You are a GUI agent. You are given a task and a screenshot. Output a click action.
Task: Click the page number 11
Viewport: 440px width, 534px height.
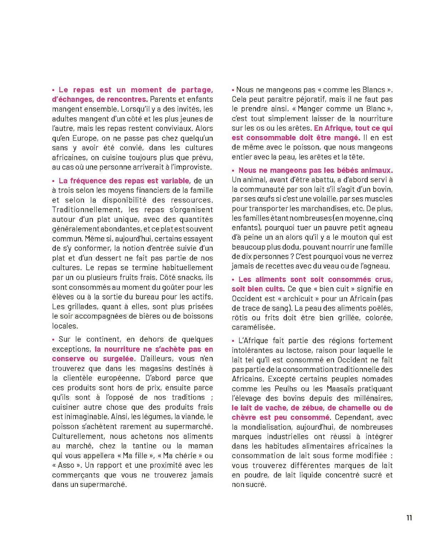click(409, 518)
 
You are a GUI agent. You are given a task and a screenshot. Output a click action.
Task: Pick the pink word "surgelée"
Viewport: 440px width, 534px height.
click(119, 359)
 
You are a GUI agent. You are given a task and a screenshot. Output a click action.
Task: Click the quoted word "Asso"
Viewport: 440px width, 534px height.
click(67, 465)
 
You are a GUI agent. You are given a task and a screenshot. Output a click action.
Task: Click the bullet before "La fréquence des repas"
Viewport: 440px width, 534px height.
click(54, 181)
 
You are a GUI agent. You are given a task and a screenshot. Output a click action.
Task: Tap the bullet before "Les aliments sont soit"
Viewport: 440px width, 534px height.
click(234, 280)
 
